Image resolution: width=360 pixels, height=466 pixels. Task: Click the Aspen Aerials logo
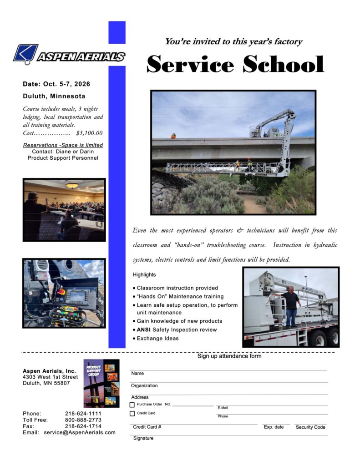click(x=69, y=55)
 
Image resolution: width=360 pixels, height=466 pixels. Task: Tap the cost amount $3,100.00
click(x=89, y=133)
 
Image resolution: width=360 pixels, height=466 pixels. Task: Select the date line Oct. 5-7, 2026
click(x=56, y=84)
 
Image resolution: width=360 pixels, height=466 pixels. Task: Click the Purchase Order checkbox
click(x=132, y=405)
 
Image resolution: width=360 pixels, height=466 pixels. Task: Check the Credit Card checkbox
click(x=132, y=414)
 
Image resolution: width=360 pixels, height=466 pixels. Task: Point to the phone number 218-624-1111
click(x=83, y=413)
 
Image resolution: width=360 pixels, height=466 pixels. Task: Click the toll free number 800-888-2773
click(x=83, y=420)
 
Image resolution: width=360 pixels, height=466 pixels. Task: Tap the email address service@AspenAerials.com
click(x=80, y=432)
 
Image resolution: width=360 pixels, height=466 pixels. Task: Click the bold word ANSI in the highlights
click(x=144, y=329)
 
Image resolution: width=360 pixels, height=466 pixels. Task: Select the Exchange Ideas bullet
click(x=157, y=338)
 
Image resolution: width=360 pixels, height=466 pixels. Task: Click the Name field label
click(x=137, y=374)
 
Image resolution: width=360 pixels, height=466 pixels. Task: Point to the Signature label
click(x=143, y=438)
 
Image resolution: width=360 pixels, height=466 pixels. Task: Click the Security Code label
click(x=310, y=427)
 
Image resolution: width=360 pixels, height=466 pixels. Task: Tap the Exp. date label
click(x=274, y=427)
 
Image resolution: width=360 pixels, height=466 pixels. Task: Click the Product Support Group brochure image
click(x=101, y=383)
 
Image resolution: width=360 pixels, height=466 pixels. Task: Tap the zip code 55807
click(x=62, y=383)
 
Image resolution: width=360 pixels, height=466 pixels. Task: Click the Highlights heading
click(x=144, y=275)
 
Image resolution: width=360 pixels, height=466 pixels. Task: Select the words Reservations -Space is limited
click(x=63, y=145)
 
